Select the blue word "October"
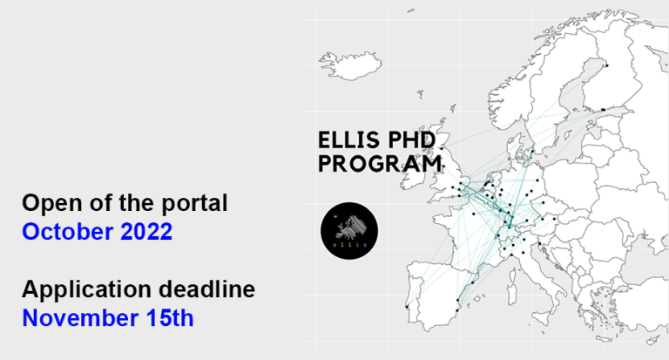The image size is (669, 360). click(67, 232)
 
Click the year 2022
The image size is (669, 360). click(146, 232)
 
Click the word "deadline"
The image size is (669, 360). click(206, 289)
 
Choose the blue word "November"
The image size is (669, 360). click(80, 318)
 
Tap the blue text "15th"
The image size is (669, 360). click(169, 318)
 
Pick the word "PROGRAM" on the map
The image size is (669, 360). click(380, 164)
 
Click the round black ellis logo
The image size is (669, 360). click(349, 231)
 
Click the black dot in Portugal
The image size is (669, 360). click(407, 307)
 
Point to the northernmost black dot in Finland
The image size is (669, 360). click(606, 65)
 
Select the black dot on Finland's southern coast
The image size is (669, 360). click(603, 110)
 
